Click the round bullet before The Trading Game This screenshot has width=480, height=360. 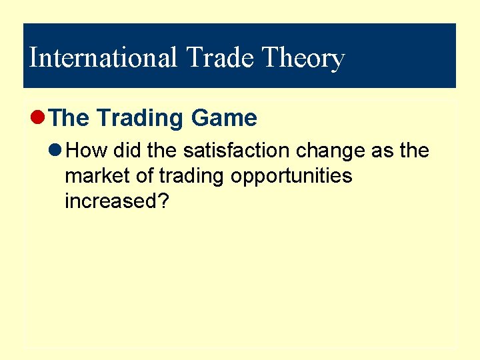click(39, 118)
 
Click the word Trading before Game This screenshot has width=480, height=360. click(141, 118)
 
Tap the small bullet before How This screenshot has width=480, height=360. click(58, 151)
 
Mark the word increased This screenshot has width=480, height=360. click(110, 201)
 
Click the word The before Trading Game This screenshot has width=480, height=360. click(69, 118)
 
